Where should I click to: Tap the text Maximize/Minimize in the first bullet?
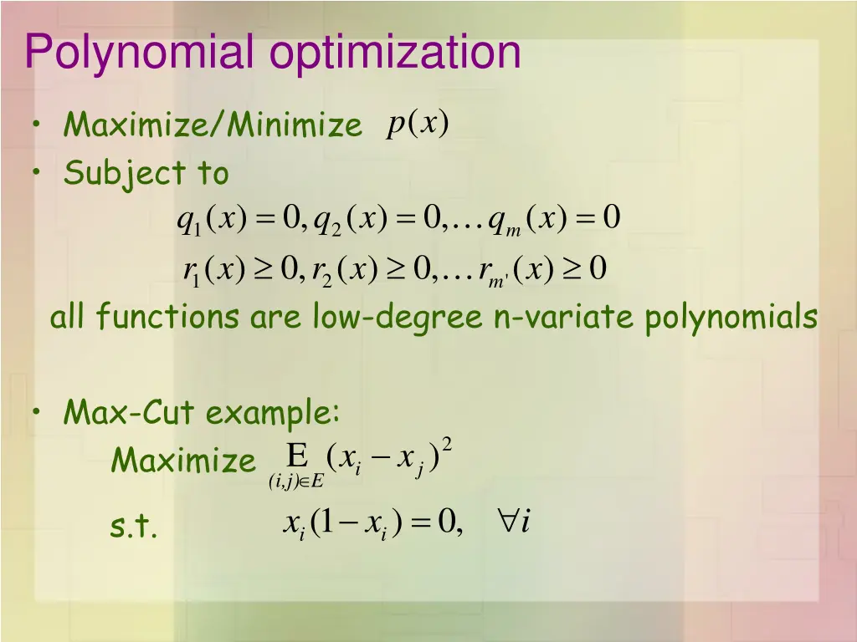(x=213, y=126)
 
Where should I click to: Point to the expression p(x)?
(x=418, y=124)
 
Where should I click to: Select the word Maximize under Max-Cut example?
(x=183, y=461)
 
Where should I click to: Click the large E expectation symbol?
(x=297, y=456)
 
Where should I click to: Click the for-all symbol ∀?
(x=506, y=522)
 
